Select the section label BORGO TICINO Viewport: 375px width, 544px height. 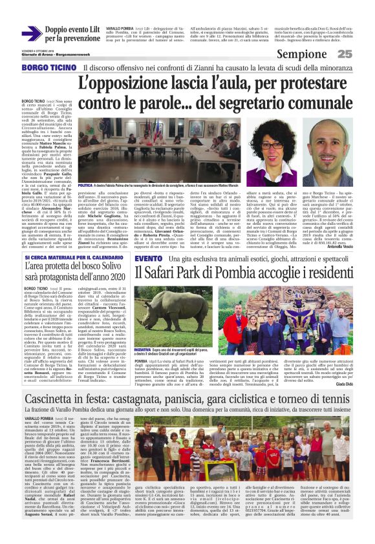pos(43,67)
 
